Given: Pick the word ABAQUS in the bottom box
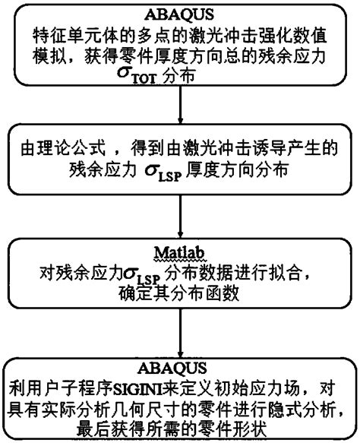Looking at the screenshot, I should (x=179, y=368).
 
